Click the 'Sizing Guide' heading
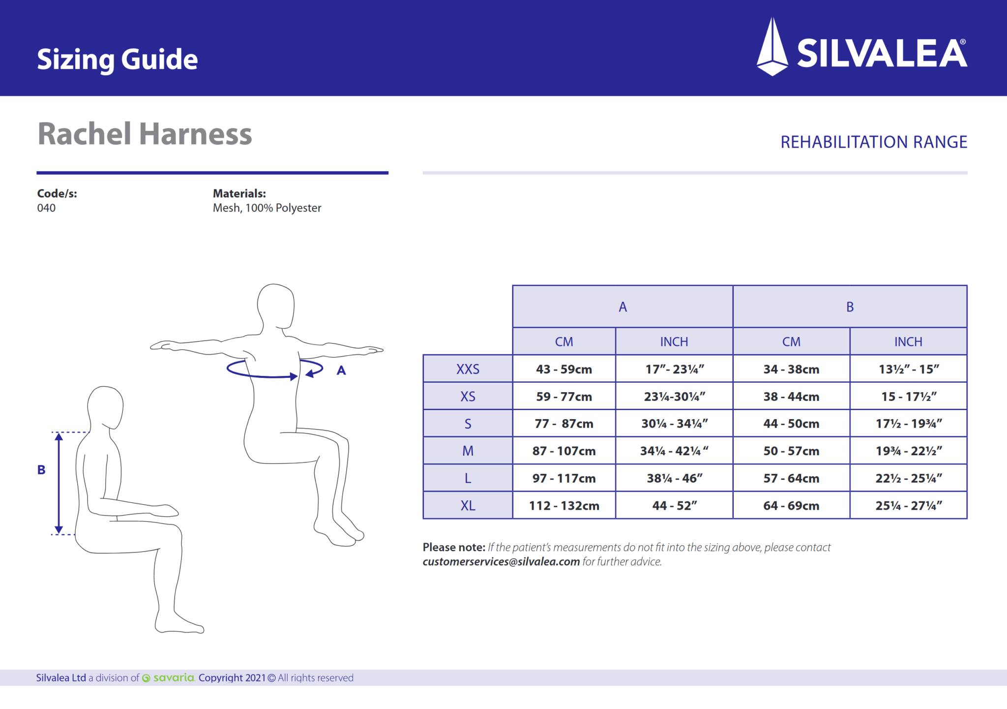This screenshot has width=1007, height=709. coord(117,60)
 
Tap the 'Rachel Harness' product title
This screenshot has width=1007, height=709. coord(145,134)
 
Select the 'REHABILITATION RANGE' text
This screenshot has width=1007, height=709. coord(873,142)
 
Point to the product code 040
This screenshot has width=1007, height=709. coord(46,208)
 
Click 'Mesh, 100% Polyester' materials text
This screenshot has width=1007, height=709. coord(267,208)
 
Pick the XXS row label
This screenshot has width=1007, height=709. coord(468,369)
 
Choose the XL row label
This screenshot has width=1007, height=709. coord(468,505)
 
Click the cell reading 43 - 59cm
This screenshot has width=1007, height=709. coord(563,369)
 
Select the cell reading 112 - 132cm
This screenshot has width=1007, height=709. coord(563,505)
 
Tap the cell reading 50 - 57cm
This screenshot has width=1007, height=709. coord(791,451)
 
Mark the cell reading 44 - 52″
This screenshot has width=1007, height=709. coord(674,505)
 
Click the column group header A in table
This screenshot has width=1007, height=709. coord(622,307)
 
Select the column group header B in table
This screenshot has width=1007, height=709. coord(850,307)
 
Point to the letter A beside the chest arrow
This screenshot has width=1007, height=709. coord(341,370)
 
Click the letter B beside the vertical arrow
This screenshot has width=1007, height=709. coord(41,470)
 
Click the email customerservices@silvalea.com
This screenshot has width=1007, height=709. coord(501,562)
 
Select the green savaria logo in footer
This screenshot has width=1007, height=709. coord(169,678)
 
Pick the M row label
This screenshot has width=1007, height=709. coord(468,451)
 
